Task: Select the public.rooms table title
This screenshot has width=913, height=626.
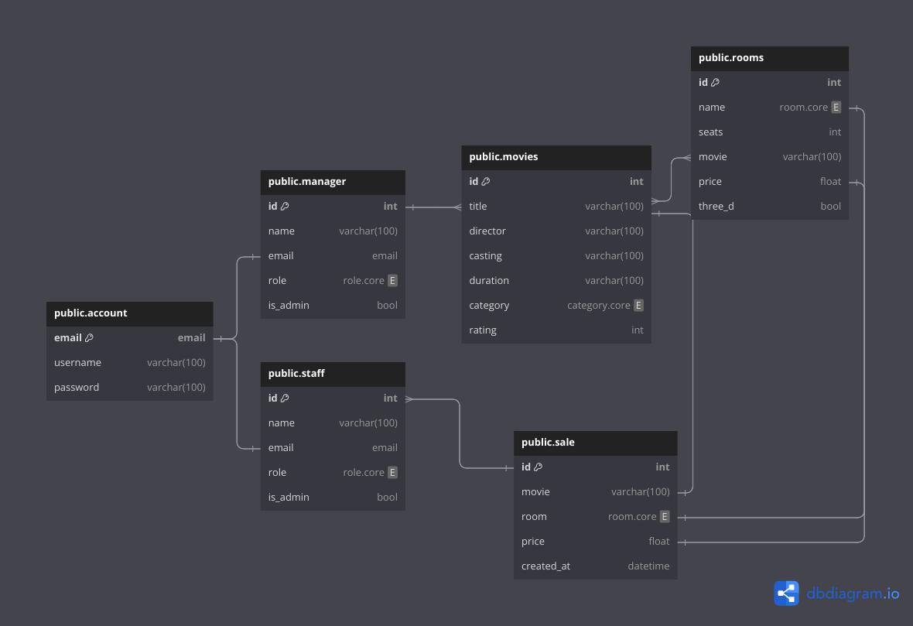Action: [x=730, y=58]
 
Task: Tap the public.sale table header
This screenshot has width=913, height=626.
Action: [x=548, y=443]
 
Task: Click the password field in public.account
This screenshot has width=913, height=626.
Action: [x=77, y=388]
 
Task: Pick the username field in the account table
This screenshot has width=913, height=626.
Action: [x=77, y=363]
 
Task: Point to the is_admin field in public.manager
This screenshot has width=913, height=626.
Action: [x=289, y=306]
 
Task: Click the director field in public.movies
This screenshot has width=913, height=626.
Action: [x=487, y=231]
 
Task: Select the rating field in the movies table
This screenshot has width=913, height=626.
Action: [x=483, y=330]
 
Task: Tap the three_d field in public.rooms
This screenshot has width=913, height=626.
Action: [x=716, y=207]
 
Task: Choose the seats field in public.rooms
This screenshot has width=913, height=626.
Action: [x=710, y=132]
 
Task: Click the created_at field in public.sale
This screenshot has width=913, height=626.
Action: [x=545, y=566]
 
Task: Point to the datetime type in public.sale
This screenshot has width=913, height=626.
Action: [x=648, y=566]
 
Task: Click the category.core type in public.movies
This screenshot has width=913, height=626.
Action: [x=598, y=306]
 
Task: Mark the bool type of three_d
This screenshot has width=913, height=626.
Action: [x=830, y=207]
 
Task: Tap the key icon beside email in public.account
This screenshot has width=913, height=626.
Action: [x=89, y=338]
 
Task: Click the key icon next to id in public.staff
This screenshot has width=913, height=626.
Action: [x=285, y=399]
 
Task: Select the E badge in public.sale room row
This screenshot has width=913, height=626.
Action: [x=664, y=517]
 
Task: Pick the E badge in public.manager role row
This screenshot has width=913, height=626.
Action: [x=392, y=281]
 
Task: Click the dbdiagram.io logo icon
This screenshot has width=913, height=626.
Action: [x=786, y=594]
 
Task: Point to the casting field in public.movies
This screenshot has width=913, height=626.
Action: [x=485, y=256]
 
